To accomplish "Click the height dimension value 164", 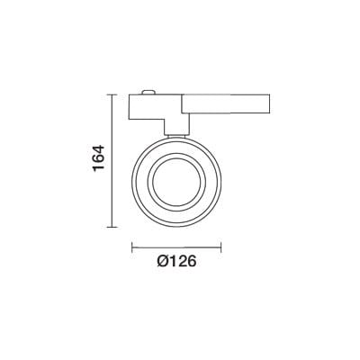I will pyautogui.click(x=100, y=158).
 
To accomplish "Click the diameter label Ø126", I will pyautogui.click(x=176, y=262).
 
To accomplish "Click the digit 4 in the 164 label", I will pyautogui.click(x=100, y=148).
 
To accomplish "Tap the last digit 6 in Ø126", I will pyautogui.click(x=191, y=262).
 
